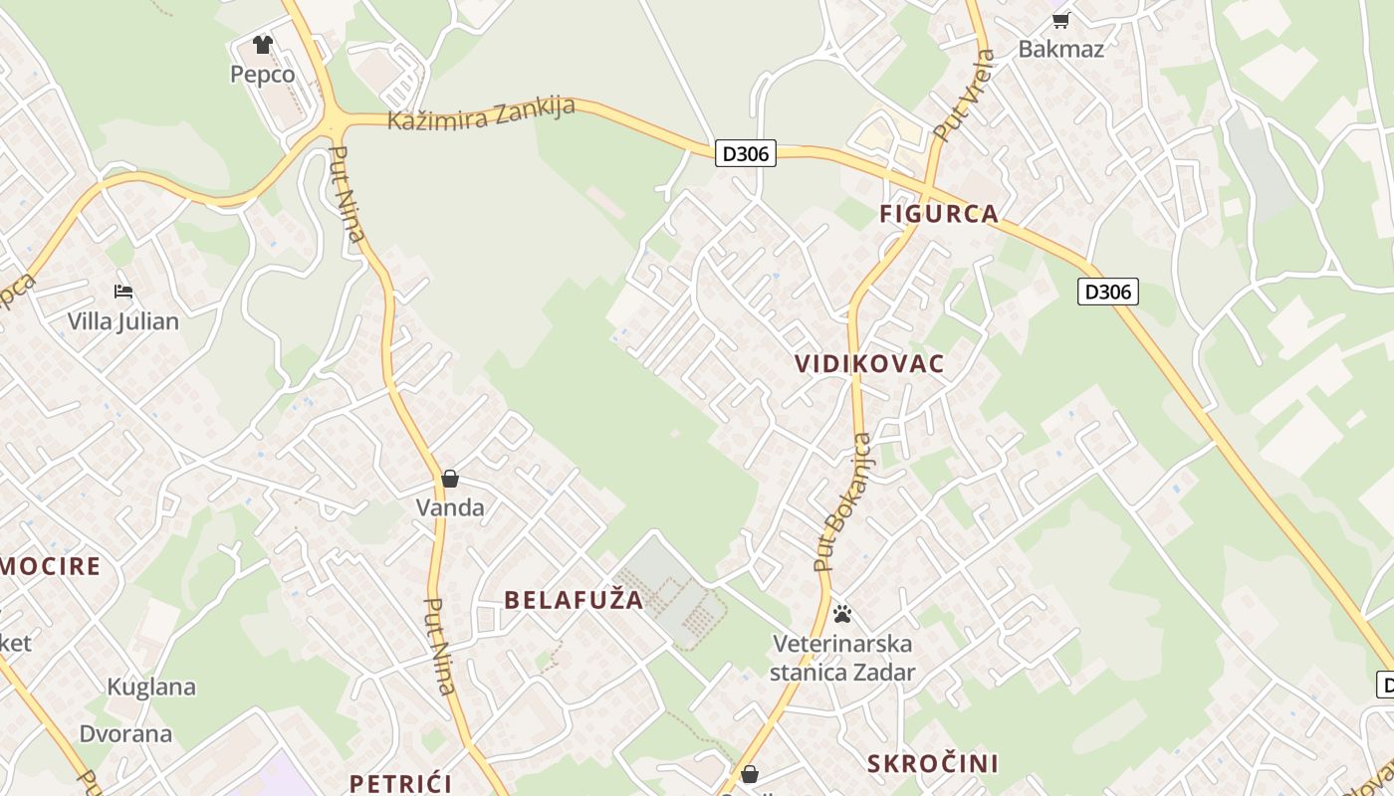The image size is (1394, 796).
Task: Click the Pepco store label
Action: (262, 75)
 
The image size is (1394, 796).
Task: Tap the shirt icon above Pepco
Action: (263, 45)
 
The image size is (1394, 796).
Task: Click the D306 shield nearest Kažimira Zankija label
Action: (745, 153)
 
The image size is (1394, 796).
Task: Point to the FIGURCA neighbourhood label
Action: (938, 213)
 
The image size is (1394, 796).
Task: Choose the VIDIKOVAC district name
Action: (869, 364)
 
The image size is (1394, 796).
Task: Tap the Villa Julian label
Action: (123, 321)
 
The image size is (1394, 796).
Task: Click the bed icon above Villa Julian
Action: (123, 292)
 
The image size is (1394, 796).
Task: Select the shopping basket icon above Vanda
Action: (450, 479)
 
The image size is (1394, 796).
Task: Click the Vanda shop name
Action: (450, 507)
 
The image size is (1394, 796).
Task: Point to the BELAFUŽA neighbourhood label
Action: (574, 600)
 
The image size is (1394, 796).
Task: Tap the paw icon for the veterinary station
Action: (842, 613)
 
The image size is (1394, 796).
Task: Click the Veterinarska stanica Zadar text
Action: (842, 658)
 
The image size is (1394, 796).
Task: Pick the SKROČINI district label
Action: (932, 763)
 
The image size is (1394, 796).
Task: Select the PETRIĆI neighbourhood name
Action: (400, 783)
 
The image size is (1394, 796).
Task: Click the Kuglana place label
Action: (151, 687)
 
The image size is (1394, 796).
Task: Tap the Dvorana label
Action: (126, 734)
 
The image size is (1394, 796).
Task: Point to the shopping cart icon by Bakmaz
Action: (1060, 20)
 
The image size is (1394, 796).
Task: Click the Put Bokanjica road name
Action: (842, 502)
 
